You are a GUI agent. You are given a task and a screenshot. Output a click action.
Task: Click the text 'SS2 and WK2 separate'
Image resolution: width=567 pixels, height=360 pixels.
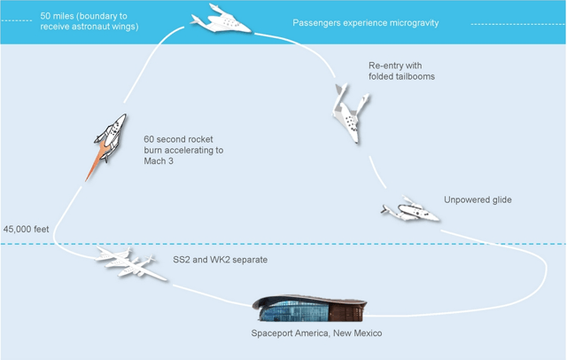221,260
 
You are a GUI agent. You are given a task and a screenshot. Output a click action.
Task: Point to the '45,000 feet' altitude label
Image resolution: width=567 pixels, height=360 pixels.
27,229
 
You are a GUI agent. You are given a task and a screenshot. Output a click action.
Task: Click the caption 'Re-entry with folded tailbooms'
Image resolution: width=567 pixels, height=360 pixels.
401,71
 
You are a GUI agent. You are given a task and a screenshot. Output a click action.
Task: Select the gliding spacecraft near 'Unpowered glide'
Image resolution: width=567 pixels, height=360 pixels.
410,211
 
